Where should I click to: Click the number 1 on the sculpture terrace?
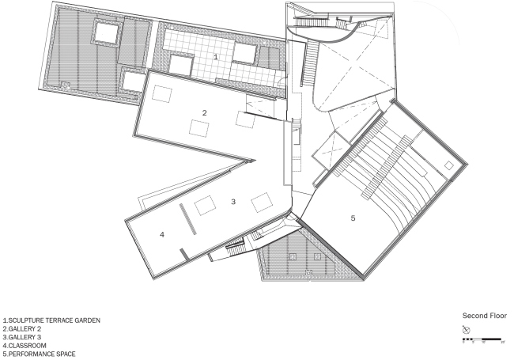(x=214, y=56)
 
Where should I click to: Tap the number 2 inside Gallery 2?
(x=204, y=113)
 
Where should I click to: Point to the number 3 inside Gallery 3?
(x=233, y=202)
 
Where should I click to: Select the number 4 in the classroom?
(x=161, y=234)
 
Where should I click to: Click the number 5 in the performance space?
(x=353, y=216)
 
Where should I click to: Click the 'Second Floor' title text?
(x=483, y=314)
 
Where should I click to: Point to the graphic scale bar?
(x=482, y=339)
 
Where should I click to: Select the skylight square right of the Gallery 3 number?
(x=262, y=201)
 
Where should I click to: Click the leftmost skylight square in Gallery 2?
(x=163, y=94)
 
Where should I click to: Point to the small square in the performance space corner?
(x=449, y=165)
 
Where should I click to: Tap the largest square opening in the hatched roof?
(x=106, y=32)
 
